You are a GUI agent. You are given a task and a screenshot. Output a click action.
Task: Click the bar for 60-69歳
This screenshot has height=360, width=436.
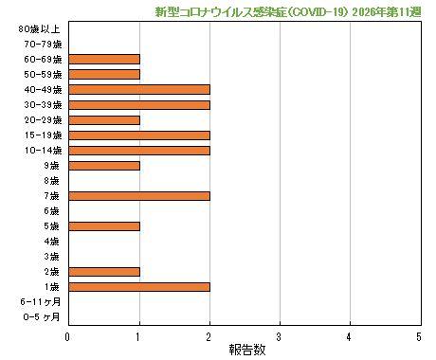[104, 59]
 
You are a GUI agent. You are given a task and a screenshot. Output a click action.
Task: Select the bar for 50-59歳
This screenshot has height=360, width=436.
[104, 74]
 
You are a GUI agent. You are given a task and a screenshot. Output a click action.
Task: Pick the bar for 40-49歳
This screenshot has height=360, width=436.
[139, 89]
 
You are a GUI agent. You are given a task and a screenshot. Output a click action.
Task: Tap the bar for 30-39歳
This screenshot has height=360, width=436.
[139, 104]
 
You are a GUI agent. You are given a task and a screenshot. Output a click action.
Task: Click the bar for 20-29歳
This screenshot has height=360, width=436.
[104, 119]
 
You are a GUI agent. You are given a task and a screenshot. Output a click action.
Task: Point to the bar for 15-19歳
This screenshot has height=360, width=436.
[139, 135]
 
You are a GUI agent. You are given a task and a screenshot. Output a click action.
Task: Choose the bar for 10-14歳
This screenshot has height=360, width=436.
[139, 150]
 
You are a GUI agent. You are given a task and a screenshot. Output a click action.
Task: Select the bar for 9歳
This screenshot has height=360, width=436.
[104, 165]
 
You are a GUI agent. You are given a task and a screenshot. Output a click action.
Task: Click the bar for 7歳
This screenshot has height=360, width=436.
[139, 195]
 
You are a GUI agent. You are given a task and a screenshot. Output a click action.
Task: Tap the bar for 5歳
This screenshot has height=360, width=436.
[104, 225]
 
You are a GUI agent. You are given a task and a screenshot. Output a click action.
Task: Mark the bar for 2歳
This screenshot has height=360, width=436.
[104, 271]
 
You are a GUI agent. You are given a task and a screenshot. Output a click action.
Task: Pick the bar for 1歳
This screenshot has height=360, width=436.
[139, 286]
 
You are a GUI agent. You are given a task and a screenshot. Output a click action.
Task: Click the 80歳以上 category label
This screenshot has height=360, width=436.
[40, 29]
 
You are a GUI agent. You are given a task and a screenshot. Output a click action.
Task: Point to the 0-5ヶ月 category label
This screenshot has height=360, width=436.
[42, 316]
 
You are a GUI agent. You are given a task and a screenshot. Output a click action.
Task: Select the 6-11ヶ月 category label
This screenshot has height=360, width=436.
[41, 301]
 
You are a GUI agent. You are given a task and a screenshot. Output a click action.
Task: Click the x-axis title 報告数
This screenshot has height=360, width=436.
[244, 350]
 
